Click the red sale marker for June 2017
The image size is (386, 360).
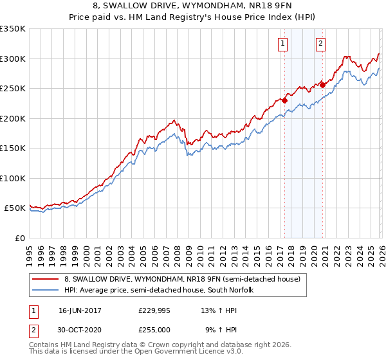284,100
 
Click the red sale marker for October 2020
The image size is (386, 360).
322,85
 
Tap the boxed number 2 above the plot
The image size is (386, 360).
320,44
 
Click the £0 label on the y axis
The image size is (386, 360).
19,238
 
